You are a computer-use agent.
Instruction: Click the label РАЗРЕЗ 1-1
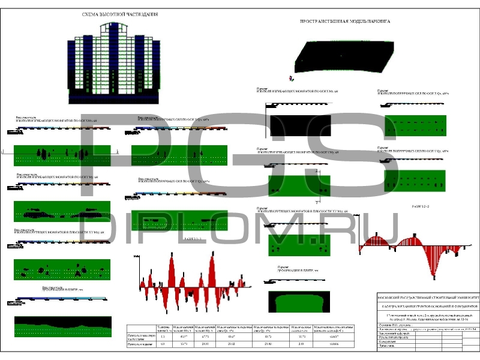pyautogui.click(x=194, y=239)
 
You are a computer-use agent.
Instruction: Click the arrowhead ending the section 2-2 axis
pyautogui.click(x=469, y=245)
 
